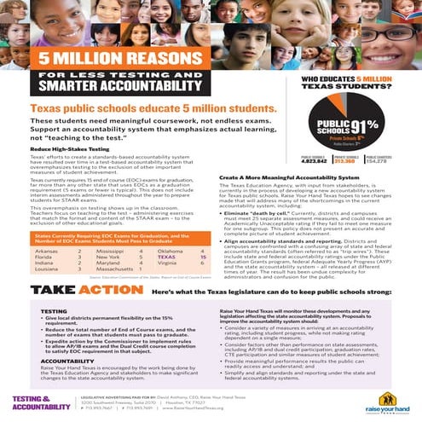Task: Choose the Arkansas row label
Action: click(46, 227)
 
